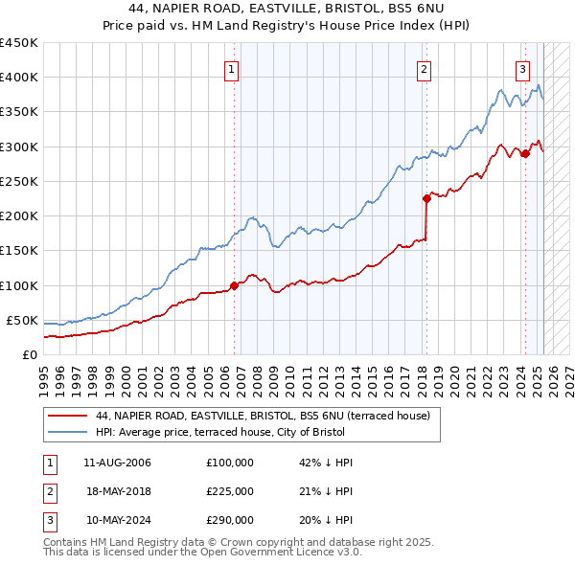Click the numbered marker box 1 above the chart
[x=233, y=68]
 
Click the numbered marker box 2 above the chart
[x=423, y=68]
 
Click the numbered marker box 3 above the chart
[x=522, y=68]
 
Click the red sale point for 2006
[x=234, y=284]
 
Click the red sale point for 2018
[x=426, y=198]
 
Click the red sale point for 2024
[x=524, y=153]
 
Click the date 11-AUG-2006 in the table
[x=118, y=463]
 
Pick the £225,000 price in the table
[x=230, y=491]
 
